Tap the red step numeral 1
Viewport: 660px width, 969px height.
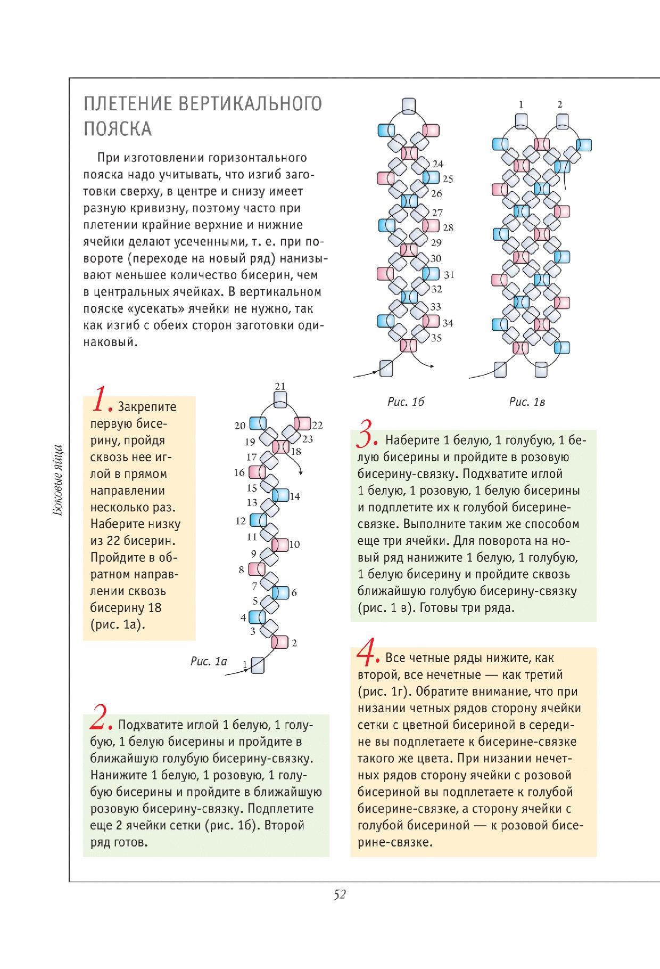(101, 401)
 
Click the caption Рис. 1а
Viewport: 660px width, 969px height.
(209, 662)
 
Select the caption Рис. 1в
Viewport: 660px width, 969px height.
(527, 402)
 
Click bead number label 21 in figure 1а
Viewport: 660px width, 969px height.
(280, 386)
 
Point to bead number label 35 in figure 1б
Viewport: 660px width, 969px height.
(436, 338)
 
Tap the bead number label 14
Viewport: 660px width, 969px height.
(294, 496)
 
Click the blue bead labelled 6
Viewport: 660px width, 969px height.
(280, 592)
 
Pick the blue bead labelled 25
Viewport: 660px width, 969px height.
(431, 177)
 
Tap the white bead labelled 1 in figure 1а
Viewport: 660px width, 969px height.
(258, 665)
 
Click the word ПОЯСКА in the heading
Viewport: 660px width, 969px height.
(118, 129)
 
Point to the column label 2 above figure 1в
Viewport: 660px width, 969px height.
(559, 104)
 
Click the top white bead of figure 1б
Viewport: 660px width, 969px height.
(409, 105)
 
